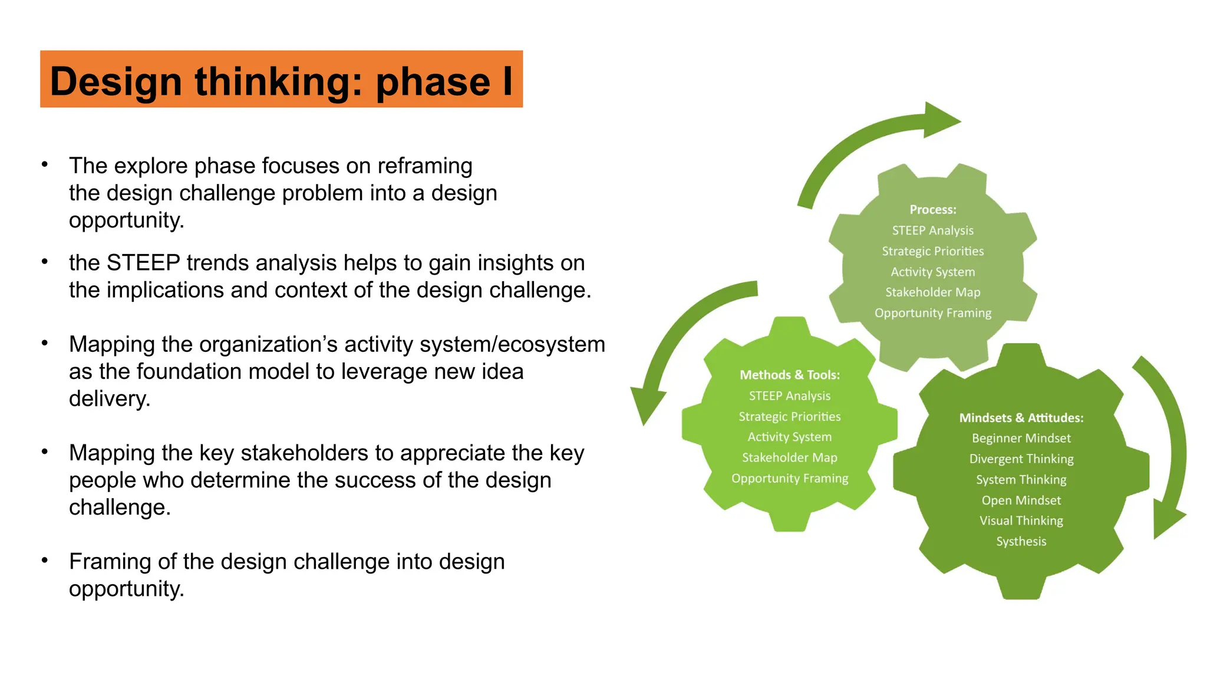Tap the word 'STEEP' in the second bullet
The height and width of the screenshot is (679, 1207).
pos(143,263)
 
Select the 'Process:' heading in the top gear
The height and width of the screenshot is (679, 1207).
pos(933,210)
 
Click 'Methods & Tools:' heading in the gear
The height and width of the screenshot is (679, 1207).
pos(790,375)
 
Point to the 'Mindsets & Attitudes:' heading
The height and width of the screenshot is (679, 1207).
pos(1021,418)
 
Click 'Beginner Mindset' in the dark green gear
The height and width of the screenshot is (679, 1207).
pos(1021,439)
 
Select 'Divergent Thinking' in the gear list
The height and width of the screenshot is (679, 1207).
pos(1021,459)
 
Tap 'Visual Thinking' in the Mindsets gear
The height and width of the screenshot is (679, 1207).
pos(1021,521)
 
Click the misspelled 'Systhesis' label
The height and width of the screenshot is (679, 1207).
pos(1021,542)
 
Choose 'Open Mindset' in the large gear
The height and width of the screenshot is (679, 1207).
pos(1021,500)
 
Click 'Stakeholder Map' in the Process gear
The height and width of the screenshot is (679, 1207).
pos(933,292)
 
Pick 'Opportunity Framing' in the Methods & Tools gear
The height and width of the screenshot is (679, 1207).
pos(790,479)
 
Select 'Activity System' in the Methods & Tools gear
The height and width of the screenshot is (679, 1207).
pos(790,437)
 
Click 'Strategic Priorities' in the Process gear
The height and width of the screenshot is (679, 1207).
pos(933,251)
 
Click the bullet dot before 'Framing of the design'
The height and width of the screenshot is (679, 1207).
pos(45,560)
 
